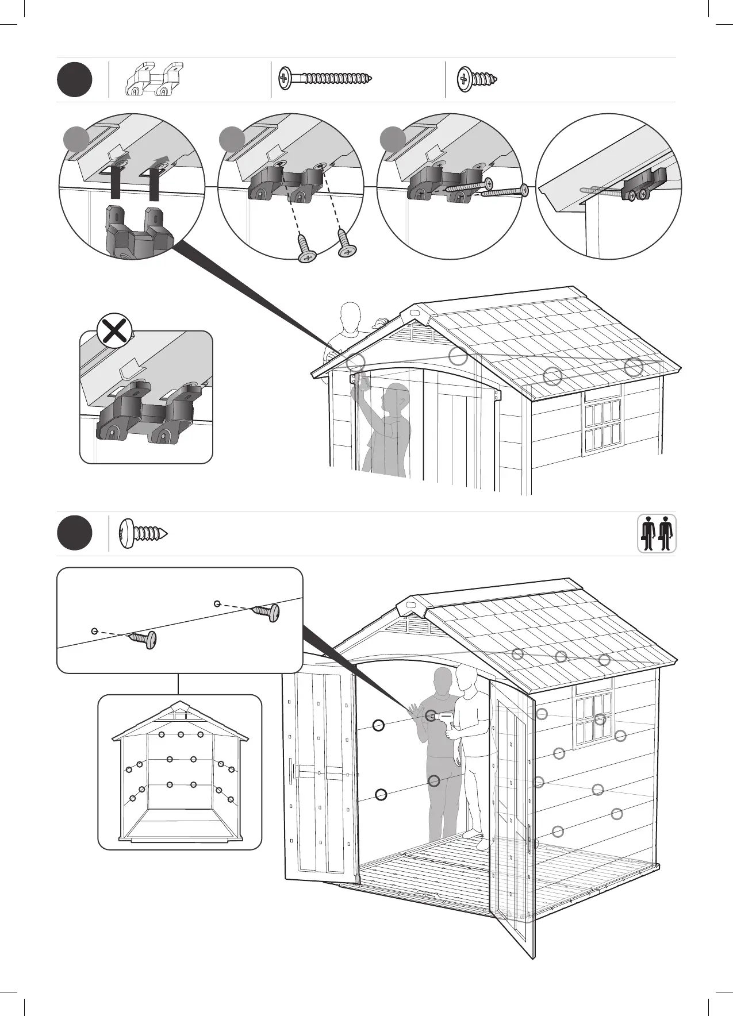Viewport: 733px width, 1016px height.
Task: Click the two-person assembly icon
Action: pyautogui.click(x=657, y=533)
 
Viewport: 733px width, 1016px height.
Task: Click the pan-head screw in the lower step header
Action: pyautogui.click(x=143, y=533)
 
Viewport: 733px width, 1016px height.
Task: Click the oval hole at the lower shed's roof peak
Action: pyautogui.click(x=410, y=605)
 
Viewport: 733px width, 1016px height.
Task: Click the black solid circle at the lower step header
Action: pyautogui.click(x=74, y=533)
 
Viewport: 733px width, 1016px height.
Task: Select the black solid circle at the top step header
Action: pyautogui.click(x=74, y=79)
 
